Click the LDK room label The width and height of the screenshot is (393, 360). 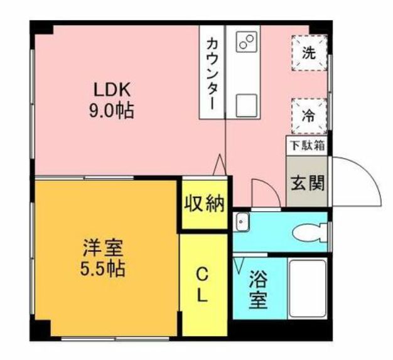click(114, 89)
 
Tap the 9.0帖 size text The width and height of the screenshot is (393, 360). click(114, 111)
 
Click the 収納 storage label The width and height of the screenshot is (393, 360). click(204, 204)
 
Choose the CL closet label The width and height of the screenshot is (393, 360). click(202, 285)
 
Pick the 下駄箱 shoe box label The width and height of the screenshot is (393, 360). click(307, 145)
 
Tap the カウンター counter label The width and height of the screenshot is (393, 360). click(212, 73)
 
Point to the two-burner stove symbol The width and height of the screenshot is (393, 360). click(245, 43)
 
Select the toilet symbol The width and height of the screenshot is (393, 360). click(311, 232)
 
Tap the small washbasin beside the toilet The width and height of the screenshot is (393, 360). click(242, 222)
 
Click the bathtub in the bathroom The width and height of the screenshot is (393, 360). click(308, 288)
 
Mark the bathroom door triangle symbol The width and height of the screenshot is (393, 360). click(239, 264)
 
